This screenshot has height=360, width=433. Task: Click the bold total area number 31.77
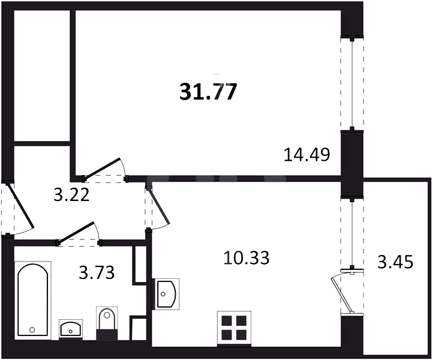[x=208, y=92]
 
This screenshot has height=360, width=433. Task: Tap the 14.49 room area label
[x=307, y=155]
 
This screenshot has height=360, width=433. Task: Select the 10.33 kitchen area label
[x=246, y=258]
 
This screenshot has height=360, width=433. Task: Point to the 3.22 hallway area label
[x=71, y=195]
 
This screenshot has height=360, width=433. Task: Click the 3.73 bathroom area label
[x=97, y=272]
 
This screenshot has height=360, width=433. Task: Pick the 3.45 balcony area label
[x=395, y=262]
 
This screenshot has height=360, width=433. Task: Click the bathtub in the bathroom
[x=33, y=300]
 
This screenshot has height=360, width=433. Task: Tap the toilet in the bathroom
[x=107, y=323]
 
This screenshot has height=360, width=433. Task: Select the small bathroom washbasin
[x=71, y=328]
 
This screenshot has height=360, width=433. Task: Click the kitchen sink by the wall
[x=167, y=294]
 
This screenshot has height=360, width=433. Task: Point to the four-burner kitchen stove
[x=234, y=329]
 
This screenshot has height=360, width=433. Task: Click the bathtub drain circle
[x=32, y=329]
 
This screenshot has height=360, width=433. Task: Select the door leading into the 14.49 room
[x=103, y=169]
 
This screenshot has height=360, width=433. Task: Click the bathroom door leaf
[x=77, y=232]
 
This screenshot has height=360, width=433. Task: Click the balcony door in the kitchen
[x=342, y=293]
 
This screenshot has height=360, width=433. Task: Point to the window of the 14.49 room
[x=352, y=84]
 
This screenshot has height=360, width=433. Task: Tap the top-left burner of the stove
[x=227, y=321]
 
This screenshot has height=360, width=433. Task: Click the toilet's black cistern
[x=107, y=335]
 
